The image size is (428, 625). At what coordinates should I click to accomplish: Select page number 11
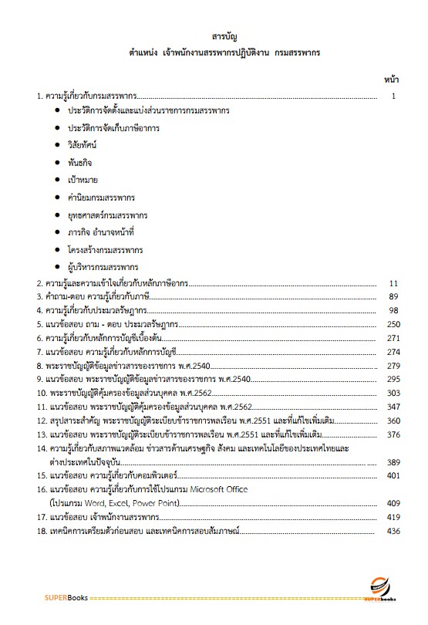coord(393,284)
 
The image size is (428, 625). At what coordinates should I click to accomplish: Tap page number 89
coord(393,297)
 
